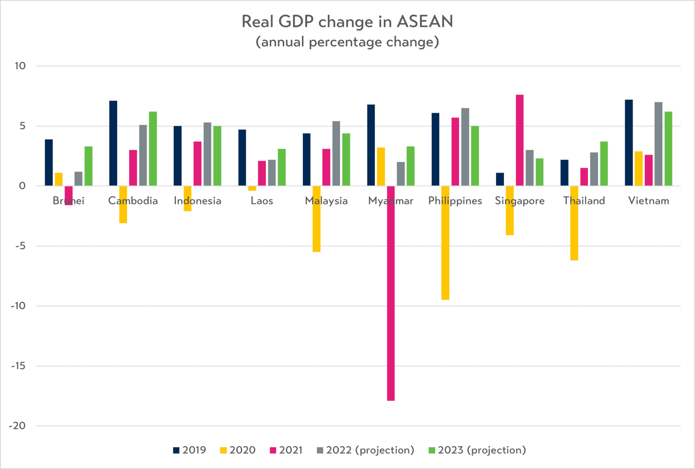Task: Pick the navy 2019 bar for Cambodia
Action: pyautogui.click(x=113, y=143)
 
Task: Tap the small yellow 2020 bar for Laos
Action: pyautogui.click(x=252, y=188)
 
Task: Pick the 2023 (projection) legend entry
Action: pyautogui.click(x=477, y=450)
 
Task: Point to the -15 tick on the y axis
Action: pyautogui.click(x=19, y=366)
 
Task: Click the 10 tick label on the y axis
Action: pyautogui.click(x=20, y=66)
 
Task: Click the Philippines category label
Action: pyautogui.click(x=455, y=201)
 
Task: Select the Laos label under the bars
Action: pyautogui.click(x=262, y=201)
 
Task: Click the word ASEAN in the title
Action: pyautogui.click(x=425, y=21)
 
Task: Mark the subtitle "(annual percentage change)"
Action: pyautogui.click(x=347, y=42)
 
